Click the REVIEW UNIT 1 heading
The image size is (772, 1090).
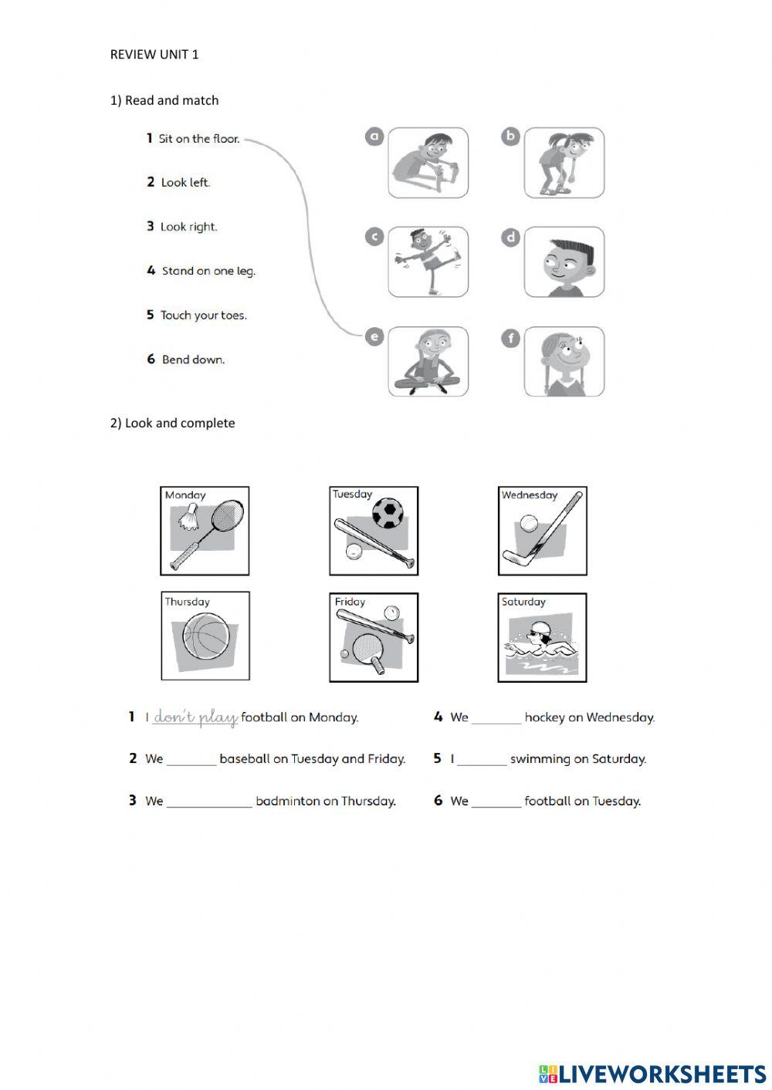[x=154, y=54]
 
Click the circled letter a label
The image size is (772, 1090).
[x=374, y=137]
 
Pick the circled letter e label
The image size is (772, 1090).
[x=374, y=336]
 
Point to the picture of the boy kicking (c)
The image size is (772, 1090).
[x=428, y=262]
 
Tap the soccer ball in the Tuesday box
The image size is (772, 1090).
[x=388, y=513]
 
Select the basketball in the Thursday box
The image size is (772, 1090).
[x=206, y=637]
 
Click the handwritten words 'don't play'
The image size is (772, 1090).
[x=195, y=717]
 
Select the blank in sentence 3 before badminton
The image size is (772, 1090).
[x=209, y=801]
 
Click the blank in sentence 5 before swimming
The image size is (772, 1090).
[x=482, y=759]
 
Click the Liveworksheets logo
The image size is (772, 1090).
[x=652, y=1073]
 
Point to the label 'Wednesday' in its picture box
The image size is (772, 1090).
[x=530, y=495]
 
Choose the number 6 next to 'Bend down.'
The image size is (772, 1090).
[x=151, y=359]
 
